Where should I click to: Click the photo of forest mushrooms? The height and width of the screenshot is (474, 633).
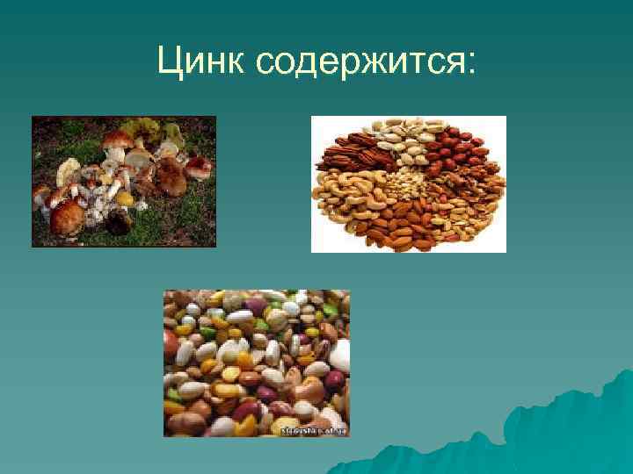124,182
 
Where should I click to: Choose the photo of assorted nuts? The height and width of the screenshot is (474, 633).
409,184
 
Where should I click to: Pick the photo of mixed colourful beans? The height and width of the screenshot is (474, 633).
257,363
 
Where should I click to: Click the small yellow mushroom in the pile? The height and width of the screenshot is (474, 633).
124,199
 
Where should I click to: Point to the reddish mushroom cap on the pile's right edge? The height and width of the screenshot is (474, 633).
199,164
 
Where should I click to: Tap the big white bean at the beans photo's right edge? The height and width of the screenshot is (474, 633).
340,355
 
